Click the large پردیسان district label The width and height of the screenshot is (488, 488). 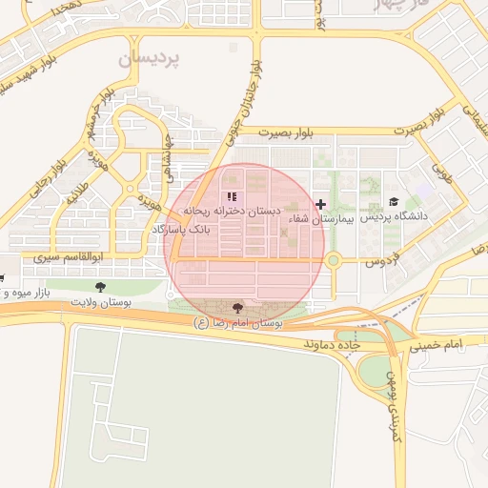[149, 58]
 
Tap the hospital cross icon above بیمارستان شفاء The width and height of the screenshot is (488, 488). [321, 203]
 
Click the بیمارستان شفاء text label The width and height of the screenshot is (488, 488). [321, 218]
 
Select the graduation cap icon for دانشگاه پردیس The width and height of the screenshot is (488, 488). [394, 202]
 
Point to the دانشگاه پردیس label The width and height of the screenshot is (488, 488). [395, 217]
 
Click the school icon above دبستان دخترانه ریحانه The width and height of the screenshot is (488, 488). [231, 196]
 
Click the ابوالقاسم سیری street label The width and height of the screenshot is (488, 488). [68, 257]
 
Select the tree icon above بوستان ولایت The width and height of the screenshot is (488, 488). [100, 286]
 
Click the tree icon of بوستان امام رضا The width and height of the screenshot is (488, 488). [236, 308]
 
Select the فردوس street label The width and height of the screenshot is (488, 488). [381, 258]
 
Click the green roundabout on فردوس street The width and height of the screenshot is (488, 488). [333, 259]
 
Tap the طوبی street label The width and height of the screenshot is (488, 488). [441, 172]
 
